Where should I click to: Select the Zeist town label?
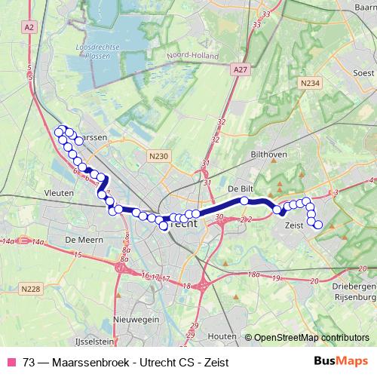[294, 225]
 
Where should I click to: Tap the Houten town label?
[222, 335]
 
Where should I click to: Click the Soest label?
[363, 73]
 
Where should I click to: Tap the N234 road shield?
[308, 84]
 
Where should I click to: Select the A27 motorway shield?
[240, 69]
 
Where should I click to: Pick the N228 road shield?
[31, 289]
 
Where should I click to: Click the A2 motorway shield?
[29, 27]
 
